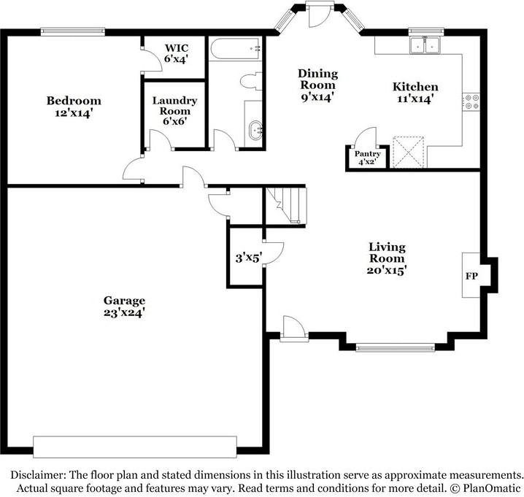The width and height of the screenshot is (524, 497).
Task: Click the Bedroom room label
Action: point(74,101)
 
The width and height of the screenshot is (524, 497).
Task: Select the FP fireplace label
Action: point(471,277)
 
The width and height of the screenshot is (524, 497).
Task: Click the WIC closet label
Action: point(175,48)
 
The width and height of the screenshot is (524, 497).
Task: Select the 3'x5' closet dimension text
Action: point(248,258)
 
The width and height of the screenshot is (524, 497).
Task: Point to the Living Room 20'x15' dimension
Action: point(387,269)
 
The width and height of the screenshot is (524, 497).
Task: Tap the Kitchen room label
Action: point(415,87)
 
